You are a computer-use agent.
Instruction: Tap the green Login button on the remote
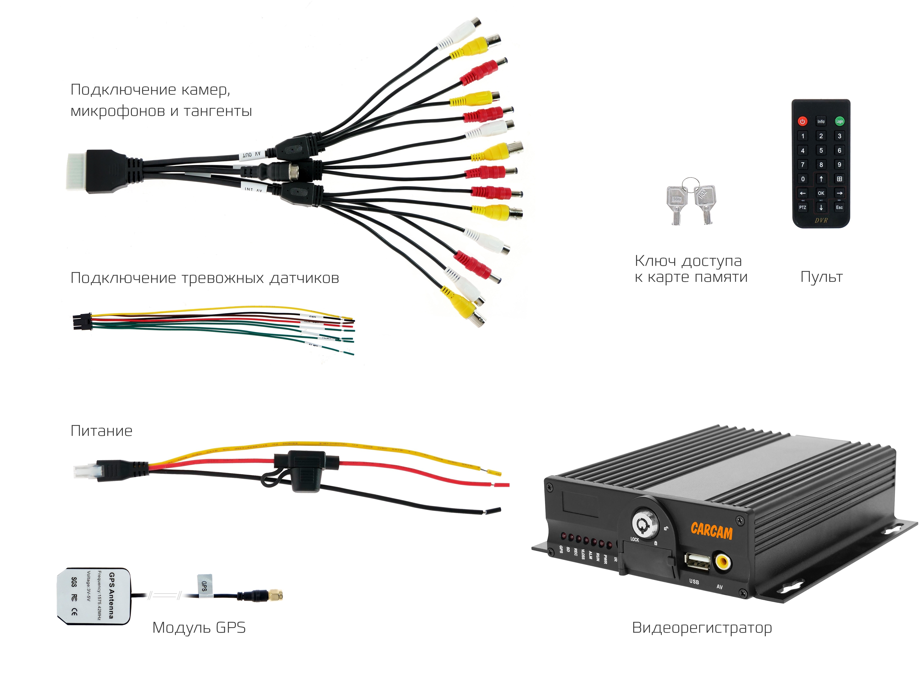point(839,121)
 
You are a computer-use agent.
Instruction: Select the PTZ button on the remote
point(802,207)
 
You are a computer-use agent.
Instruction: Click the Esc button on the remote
point(839,207)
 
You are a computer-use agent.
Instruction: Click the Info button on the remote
point(821,121)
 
